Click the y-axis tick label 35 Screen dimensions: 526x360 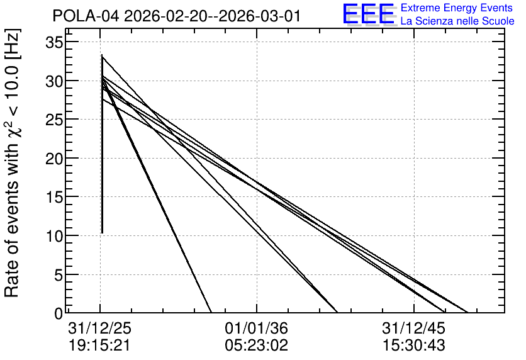54,42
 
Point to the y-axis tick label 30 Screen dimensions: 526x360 54,81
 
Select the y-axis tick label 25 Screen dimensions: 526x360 54,120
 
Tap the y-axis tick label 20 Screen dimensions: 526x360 54,159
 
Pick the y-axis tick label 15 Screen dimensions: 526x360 54,197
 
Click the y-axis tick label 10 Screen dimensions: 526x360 54,236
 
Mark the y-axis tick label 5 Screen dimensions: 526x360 59,275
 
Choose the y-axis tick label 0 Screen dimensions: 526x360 59,313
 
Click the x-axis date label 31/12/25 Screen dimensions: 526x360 99,328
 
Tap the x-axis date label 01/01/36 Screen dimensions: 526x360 256,328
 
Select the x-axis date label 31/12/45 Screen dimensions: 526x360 413,328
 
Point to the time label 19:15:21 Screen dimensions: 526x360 99,346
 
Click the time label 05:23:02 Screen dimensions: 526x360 256,346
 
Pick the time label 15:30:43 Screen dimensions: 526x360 413,346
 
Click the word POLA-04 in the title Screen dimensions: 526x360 86,16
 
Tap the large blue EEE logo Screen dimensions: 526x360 369,14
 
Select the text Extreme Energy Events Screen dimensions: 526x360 457,8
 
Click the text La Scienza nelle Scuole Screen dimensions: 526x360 457,21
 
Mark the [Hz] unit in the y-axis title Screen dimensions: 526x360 13,44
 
